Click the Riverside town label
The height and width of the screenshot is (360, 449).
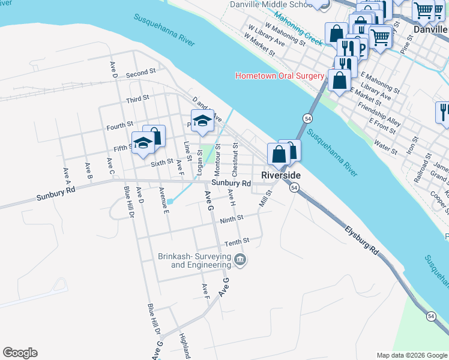[x=280, y=175]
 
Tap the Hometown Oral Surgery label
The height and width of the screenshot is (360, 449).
[x=280, y=76]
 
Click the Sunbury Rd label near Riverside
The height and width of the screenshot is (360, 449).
[x=231, y=183]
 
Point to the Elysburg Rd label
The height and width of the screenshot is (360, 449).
[x=363, y=241]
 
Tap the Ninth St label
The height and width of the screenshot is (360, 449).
[x=231, y=219]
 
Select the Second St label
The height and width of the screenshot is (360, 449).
[x=141, y=73]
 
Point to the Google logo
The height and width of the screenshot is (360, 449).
[x=20, y=353]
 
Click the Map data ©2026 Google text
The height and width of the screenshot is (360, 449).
[x=411, y=355]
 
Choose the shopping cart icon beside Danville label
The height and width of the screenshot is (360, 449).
[x=424, y=10]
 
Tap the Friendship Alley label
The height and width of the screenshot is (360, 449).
[x=379, y=114]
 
